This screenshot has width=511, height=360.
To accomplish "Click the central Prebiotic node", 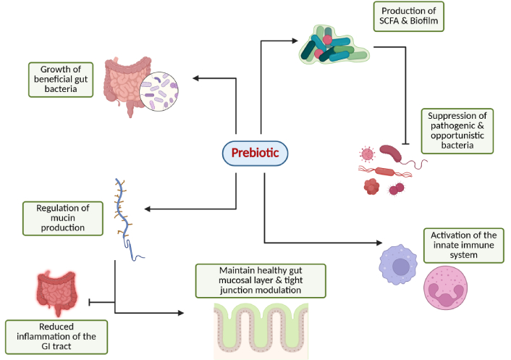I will coord(255,152).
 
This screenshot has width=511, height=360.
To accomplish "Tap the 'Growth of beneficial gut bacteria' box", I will coord(62,79).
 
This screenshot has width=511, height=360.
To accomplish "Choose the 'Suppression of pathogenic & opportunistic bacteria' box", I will coord(457,130).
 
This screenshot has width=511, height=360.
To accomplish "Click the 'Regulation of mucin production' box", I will coord(63,218).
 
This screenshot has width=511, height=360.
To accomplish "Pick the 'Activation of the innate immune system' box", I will coord(463,244).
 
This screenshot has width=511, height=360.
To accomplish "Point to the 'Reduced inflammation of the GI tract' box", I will coord(56,337).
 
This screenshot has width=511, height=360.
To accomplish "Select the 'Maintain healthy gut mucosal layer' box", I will coord(261,280).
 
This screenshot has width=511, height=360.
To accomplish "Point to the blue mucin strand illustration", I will coord(127,217).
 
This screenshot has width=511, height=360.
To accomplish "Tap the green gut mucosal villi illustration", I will coord(261,330).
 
